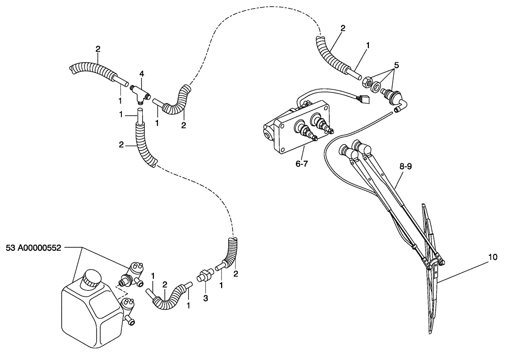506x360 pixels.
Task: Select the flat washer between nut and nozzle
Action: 377,86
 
